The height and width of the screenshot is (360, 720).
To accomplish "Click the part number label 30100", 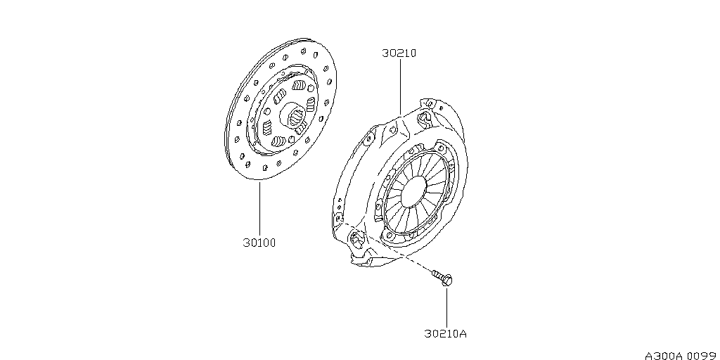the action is coord(259,243).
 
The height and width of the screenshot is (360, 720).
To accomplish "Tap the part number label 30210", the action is coord(399,53).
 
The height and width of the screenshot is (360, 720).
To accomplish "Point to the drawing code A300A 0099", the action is coord(682,356).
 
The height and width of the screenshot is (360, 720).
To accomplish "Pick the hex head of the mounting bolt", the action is coord(447,281).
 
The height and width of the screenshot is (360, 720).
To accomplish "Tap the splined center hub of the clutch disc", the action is coord(294,116).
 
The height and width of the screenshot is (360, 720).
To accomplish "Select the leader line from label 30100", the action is coord(259,209).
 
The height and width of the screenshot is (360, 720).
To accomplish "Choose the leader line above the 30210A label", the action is coord(446,307).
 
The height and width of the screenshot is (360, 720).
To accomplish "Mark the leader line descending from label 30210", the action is coord(399,87).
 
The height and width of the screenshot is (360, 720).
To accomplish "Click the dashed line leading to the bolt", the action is coord(386,247).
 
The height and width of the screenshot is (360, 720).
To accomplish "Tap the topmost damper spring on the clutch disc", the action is coord(299,85).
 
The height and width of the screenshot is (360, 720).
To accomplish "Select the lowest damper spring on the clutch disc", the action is coord(278,141).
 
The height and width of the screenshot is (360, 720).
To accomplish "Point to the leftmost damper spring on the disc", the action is coord(267,127).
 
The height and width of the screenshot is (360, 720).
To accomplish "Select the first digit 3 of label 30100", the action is coord(246,243).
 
